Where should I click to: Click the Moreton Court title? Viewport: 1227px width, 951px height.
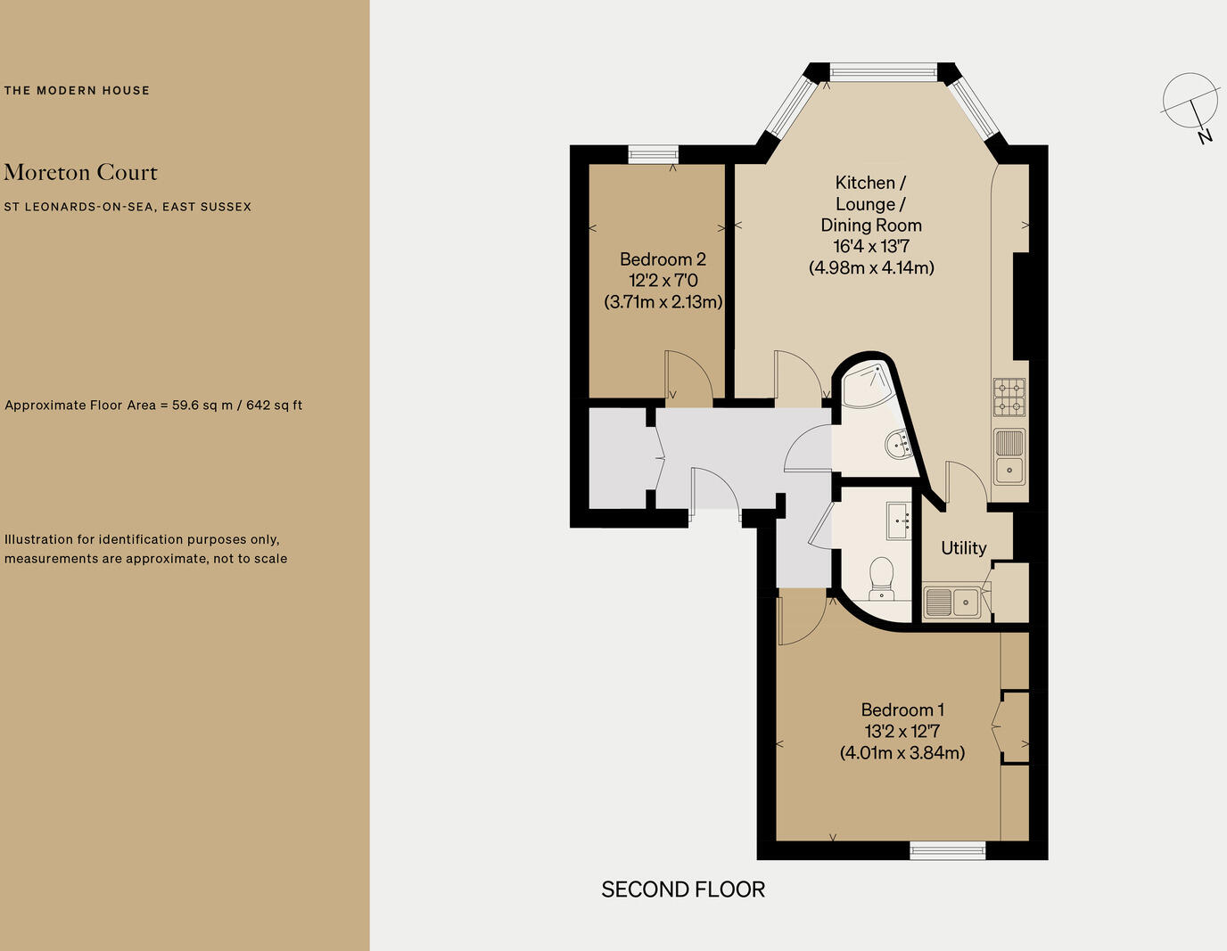(x=80, y=172)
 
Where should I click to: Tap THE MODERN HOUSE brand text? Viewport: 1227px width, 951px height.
(x=77, y=90)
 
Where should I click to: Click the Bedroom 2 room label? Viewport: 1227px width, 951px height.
(x=663, y=259)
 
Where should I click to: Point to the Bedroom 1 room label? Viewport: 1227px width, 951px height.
(x=902, y=709)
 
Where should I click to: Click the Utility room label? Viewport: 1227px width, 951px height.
(x=963, y=548)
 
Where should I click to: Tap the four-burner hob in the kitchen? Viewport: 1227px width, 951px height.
(x=1009, y=398)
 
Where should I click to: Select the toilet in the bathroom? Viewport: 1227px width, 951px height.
(x=881, y=577)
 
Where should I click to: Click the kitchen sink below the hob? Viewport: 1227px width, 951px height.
(x=1009, y=456)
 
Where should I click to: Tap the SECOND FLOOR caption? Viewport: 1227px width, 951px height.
(x=683, y=890)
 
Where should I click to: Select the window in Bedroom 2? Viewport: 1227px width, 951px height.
(x=654, y=155)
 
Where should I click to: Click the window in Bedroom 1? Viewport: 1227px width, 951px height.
(x=948, y=850)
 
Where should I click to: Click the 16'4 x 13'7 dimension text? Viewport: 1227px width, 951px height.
(x=871, y=247)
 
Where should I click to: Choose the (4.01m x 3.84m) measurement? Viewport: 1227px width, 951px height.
(x=902, y=752)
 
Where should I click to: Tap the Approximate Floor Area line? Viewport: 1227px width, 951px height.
(x=153, y=405)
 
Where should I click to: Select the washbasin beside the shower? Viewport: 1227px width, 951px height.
(x=899, y=443)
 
